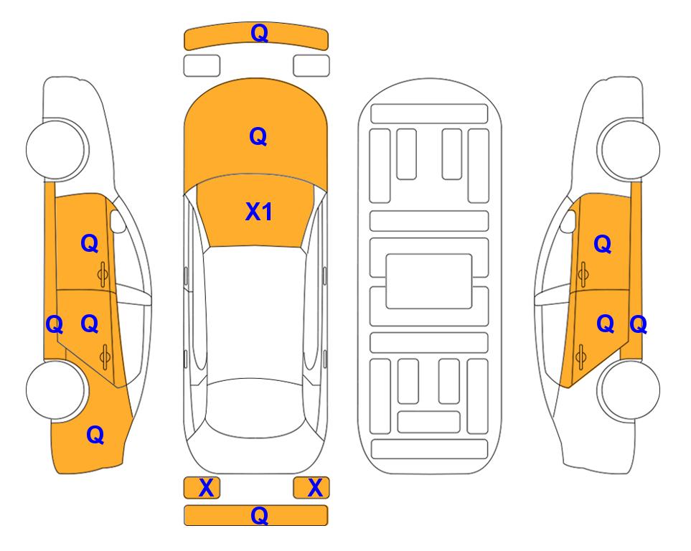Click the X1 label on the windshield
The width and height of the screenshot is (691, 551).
259,212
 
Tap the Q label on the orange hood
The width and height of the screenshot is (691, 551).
258,136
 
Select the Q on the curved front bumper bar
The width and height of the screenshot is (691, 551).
259,33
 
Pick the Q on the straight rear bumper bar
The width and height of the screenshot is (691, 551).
259,515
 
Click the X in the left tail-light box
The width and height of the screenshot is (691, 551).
206,488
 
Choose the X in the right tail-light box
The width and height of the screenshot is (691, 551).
315,488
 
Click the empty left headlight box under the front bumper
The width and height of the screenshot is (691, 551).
202,66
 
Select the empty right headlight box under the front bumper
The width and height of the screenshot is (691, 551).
311,66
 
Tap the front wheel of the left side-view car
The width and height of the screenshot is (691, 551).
57,149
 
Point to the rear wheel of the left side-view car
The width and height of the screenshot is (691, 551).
55,390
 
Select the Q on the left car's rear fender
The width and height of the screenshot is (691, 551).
95,435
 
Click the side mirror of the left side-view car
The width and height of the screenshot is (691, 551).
117,221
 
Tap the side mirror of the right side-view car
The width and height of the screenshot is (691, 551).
568,221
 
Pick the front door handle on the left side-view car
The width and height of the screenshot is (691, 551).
103,274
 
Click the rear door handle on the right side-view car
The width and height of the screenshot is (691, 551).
581,357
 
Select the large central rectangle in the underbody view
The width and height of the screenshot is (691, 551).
429,281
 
